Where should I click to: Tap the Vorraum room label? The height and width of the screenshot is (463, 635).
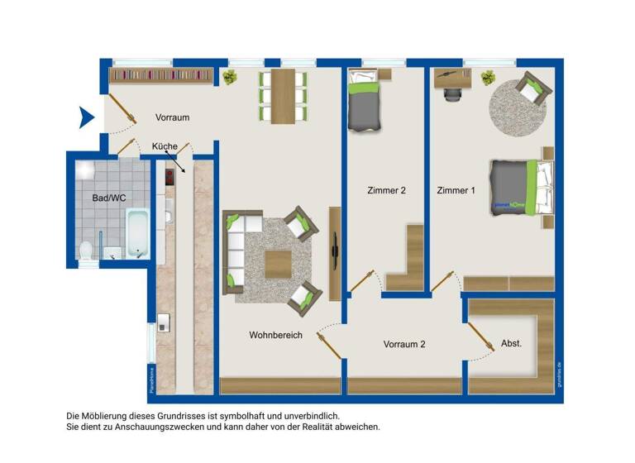[x=172, y=117]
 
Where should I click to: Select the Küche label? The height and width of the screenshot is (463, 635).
[x=165, y=146]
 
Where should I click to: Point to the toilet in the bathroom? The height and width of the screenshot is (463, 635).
[x=87, y=249]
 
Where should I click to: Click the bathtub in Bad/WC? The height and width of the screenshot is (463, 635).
[x=136, y=233]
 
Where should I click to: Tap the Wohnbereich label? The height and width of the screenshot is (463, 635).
[x=275, y=336]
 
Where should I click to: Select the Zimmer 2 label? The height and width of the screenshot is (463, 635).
[x=386, y=191]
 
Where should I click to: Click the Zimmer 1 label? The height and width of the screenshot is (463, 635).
[x=456, y=191]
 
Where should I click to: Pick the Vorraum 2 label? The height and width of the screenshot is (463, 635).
[x=404, y=345]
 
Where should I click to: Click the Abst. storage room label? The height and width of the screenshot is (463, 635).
[x=511, y=343]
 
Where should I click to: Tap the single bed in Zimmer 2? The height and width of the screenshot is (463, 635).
[x=365, y=103]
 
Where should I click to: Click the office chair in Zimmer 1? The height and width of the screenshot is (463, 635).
[x=452, y=93]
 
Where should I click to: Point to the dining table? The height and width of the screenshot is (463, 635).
[x=282, y=95]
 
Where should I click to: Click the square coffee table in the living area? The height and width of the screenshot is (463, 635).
[x=278, y=265]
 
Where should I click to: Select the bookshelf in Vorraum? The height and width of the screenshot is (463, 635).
[x=161, y=75]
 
